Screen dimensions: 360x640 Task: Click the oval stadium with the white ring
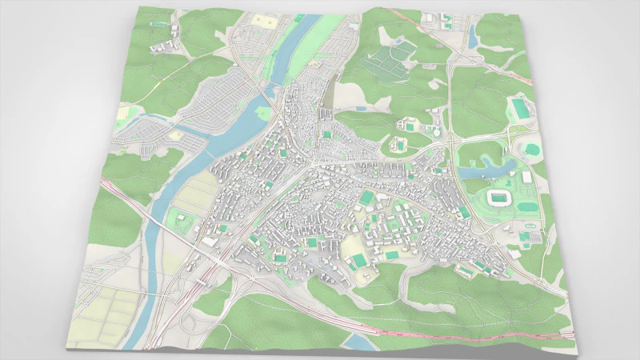(498, 197)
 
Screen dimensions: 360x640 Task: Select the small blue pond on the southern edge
(359, 342)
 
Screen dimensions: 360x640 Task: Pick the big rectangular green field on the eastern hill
(521, 107)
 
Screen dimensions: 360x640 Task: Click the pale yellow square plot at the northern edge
(262, 18)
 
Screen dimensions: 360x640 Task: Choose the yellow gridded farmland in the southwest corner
(104, 312)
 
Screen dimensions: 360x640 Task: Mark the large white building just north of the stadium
(526, 177)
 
